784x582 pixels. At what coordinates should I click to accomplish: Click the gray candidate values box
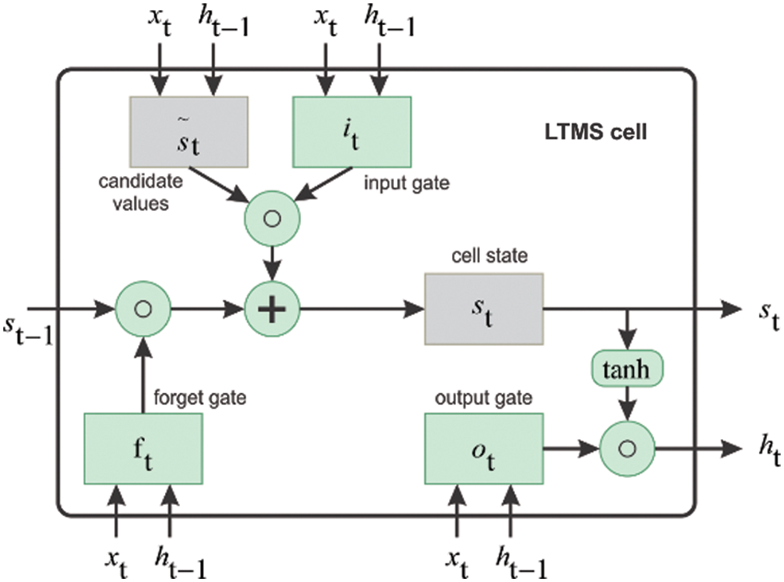pyautogui.click(x=189, y=132)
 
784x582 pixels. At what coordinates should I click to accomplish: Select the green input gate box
pyautogui.click(x=352, y=132)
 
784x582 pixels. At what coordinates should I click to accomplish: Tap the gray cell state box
pyautogui.click(x=484, y=309)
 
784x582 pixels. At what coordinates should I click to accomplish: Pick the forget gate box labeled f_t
pyautogui.click(x=143, y=449)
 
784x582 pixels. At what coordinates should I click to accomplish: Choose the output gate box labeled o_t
pyautogui.click(x=484, y=449)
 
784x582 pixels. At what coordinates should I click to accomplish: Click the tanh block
pyautogui.click(x=627, y=369)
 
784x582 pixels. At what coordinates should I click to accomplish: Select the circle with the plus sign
pyautogui.click(x=272, y=309)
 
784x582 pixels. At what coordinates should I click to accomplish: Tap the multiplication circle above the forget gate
pyautogui.click(x=143, y=309)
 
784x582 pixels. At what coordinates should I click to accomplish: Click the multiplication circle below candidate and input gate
pyautogui.click(x=272, y=219)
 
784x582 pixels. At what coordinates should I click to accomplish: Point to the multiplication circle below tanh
pyautogui.click(x=627, y=449)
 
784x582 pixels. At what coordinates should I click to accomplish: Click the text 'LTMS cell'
pyautogui.click(x=596, y=132)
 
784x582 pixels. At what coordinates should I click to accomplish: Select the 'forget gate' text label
pyautogui.click(x=199, y=398)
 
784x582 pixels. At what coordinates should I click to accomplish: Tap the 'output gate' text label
pyautogui.click(x=484, y=398)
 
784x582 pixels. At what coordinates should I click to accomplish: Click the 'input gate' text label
pyautogui.click(x=407, y=184)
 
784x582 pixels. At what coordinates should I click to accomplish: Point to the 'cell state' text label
pyautogui.click(x=490, y=256)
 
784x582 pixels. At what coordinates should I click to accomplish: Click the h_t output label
pyautogui.click(x=770, y=453)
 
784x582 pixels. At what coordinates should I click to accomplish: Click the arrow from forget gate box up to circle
pyautogui.click(x=143, y=375)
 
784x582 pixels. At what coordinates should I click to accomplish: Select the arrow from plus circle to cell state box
pyautogui.click(x=363, y=309)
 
